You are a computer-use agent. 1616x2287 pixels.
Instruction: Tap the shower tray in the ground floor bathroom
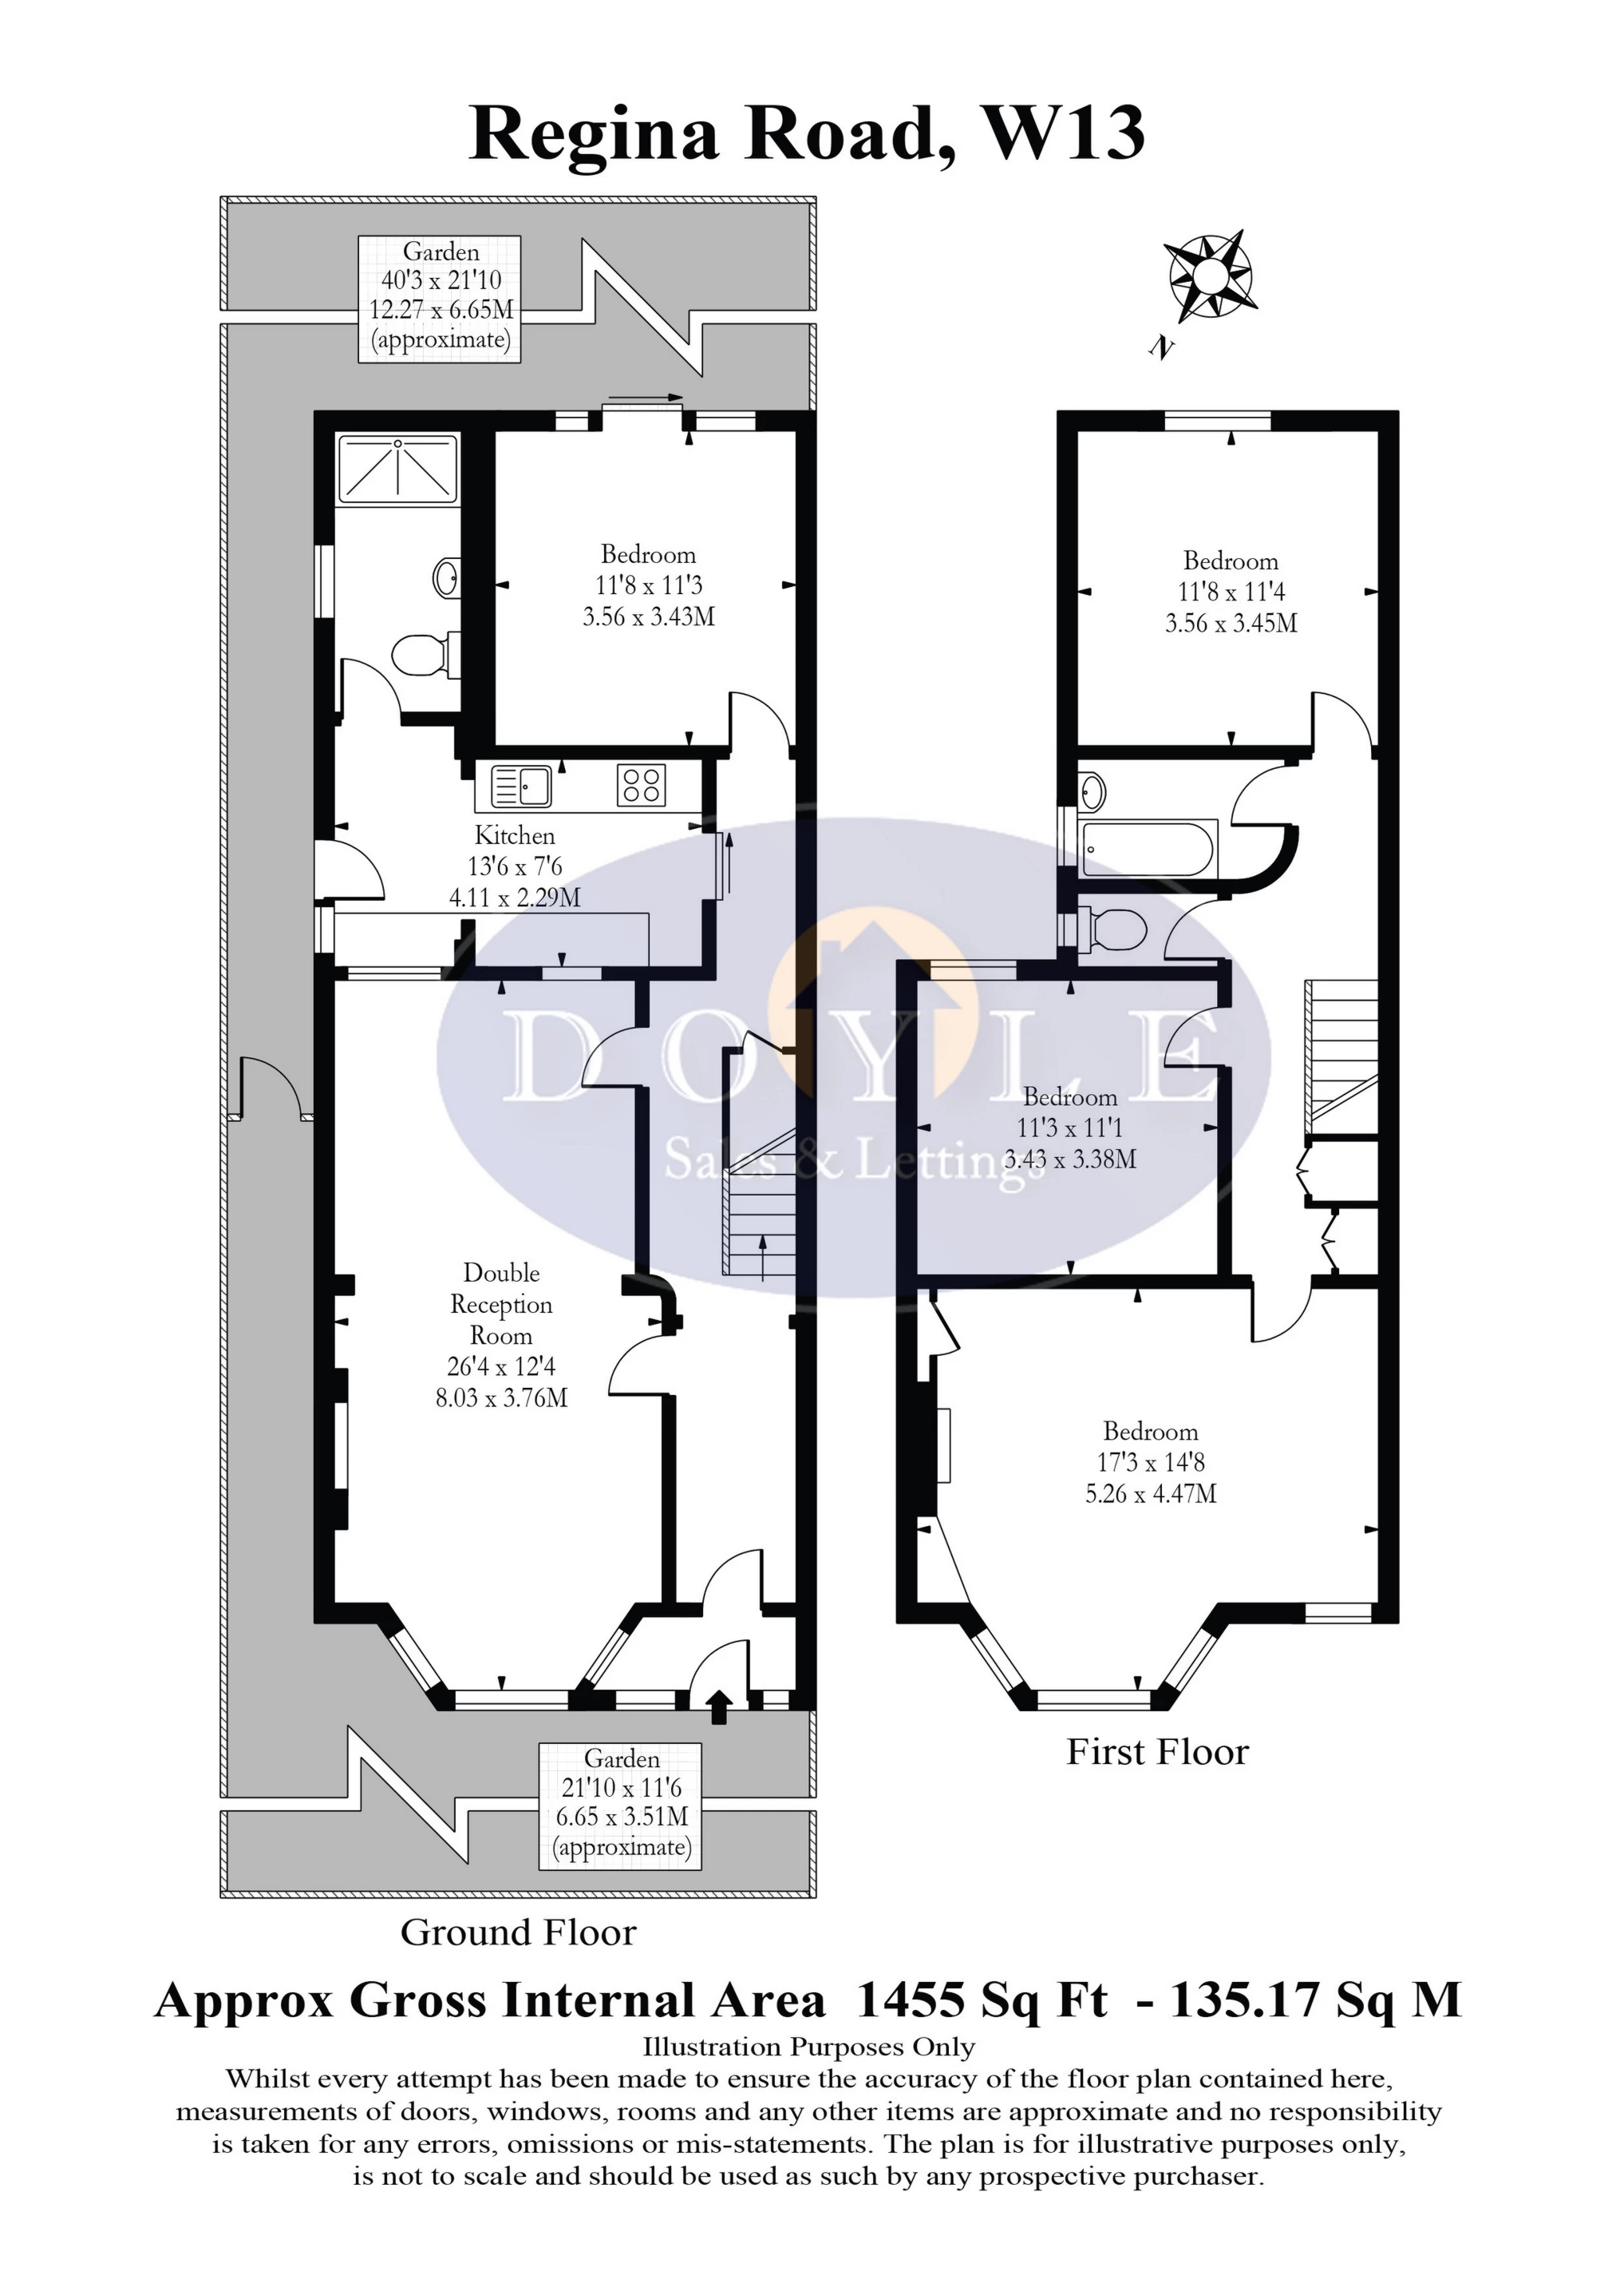pyautogui.click(x=398, y=468)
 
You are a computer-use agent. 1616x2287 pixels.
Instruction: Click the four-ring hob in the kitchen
pyautogui.click(x=642, y=784)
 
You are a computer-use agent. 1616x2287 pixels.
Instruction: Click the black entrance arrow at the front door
pyautogui.click(x=719, y=1706)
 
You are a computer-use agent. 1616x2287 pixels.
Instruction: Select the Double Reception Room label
pyautogui.click(x=501, y=1334)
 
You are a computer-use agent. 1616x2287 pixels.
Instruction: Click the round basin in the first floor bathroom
pyautogui.click(x=1092, y=793)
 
